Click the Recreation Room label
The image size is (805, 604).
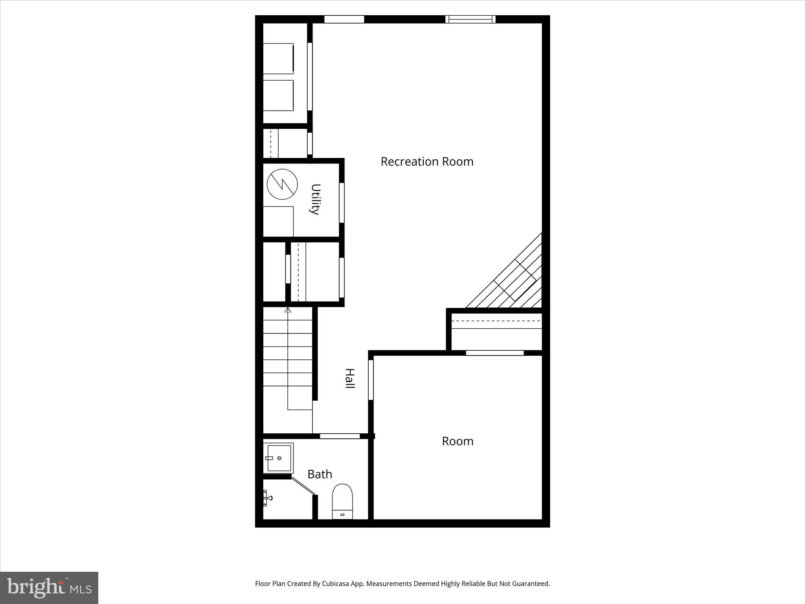(427, 162)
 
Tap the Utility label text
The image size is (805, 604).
(315, 199)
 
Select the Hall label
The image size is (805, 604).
(349, 379)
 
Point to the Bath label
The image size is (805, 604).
(320, 474)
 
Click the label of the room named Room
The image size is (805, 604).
(458, 441)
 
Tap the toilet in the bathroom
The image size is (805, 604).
(342, 501)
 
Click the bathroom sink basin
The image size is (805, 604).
(279, 458)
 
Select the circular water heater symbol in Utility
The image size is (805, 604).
(282, 184)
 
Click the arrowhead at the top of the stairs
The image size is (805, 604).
(288, 310)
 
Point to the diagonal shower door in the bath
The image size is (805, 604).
(303, 486)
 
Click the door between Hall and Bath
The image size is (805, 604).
(340, 436)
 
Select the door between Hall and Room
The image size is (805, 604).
(371, 380)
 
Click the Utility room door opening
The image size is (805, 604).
(342, 203)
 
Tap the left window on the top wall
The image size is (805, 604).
(344, 19)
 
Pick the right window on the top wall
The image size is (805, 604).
(470, 19)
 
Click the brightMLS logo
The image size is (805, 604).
(49, 588)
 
